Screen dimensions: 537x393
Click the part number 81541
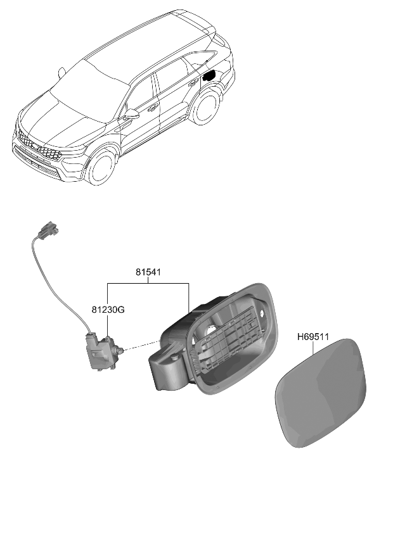tap(148, 273)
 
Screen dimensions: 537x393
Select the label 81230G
tap(108, 310)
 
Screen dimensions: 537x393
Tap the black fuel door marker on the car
tap(209, 75)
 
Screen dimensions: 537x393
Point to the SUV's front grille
tap(38, 146)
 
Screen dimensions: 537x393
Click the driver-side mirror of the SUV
tap(131, 114)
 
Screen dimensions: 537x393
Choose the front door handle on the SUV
tap(153, 108)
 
